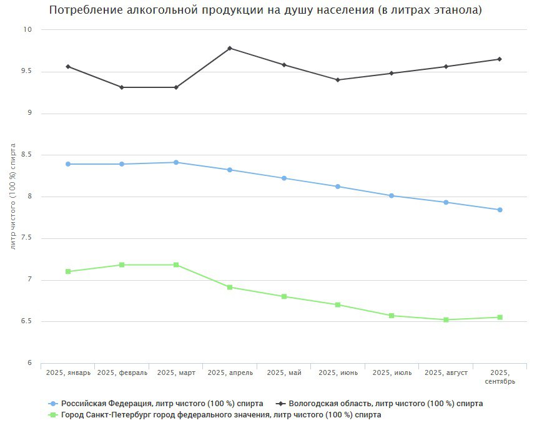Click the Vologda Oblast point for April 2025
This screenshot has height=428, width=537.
point(230,48)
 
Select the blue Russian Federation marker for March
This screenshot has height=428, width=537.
point(176,162)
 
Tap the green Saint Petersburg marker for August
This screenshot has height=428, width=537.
point(446,320)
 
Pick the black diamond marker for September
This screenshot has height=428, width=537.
point(500,59)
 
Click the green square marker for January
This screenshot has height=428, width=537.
point(68,271)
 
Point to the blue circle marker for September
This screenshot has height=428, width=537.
point(500,210)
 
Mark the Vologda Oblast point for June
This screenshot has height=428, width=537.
point(338,80)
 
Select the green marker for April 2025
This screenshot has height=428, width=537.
point(230,287)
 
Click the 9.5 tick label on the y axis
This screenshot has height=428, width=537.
point(27,72)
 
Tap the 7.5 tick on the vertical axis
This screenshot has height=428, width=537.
point(27,238)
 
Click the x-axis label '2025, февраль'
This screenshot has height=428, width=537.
point(122,373)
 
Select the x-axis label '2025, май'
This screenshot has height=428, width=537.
point(284,373)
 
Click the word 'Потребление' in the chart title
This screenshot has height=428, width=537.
point(87,11)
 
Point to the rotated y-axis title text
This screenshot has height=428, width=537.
point(13,197)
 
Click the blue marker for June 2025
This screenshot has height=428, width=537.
point(338,187)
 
